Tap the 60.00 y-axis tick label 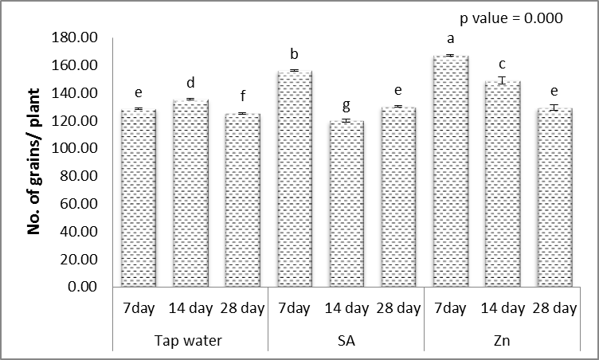78,205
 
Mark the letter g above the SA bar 345,104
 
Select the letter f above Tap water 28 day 241,97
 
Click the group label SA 345,341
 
